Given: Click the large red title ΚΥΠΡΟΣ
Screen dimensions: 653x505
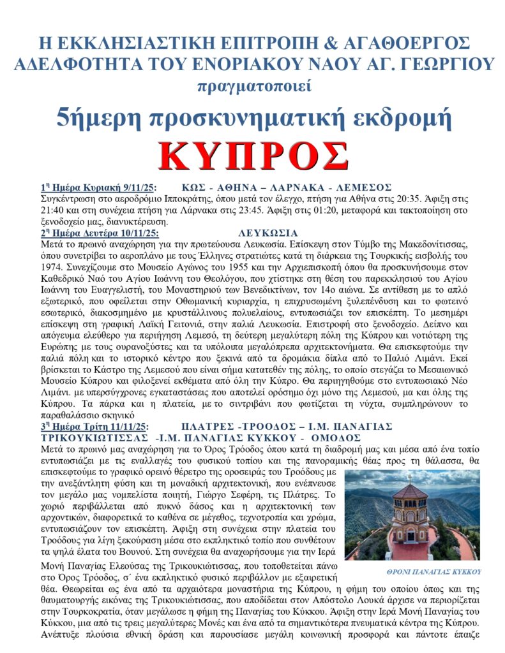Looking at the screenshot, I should pos(253,155).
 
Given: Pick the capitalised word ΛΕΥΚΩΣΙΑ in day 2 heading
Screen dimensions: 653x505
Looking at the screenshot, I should pos(268,233).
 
